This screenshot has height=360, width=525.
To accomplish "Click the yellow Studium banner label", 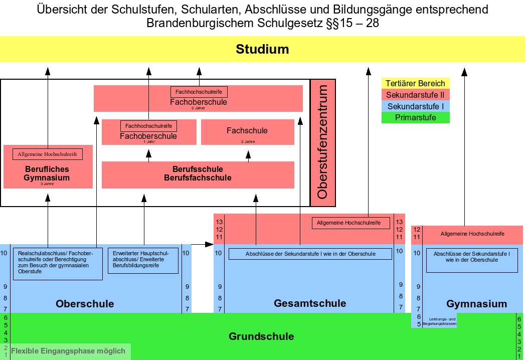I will pyautogui.click(x=262, y=49).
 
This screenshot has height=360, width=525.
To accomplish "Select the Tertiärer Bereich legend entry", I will pyautogui.click(x=415, y=84).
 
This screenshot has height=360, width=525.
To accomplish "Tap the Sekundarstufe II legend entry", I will pyautogui.click(x=415, y=95).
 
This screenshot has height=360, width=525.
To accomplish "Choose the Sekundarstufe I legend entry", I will pyautogui.click(x=415, y=107).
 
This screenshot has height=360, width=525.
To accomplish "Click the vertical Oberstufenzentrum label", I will pyautogui.click(x=322, y=142).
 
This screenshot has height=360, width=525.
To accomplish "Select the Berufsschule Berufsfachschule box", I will pyautogui.click(x=198, y=173).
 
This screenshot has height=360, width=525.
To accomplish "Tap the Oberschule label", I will pyautogui.click(x=85, y=304).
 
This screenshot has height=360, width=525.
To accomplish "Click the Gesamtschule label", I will pyautogui.click(x=310, y=303).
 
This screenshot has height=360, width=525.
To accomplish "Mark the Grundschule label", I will pyautogui.click(x=261, y=336).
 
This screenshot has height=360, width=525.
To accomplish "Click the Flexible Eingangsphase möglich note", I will pyautogui.click(x=68, y=351).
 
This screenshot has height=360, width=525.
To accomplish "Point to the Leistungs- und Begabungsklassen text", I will pyautogui.click(x=439, y=322).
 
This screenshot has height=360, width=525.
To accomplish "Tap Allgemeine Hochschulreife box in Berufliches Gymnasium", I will pyautogui.click(x=48, y=154).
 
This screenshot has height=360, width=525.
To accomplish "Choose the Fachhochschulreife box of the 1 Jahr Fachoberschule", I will pyautogui.click(x=148, y=126).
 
